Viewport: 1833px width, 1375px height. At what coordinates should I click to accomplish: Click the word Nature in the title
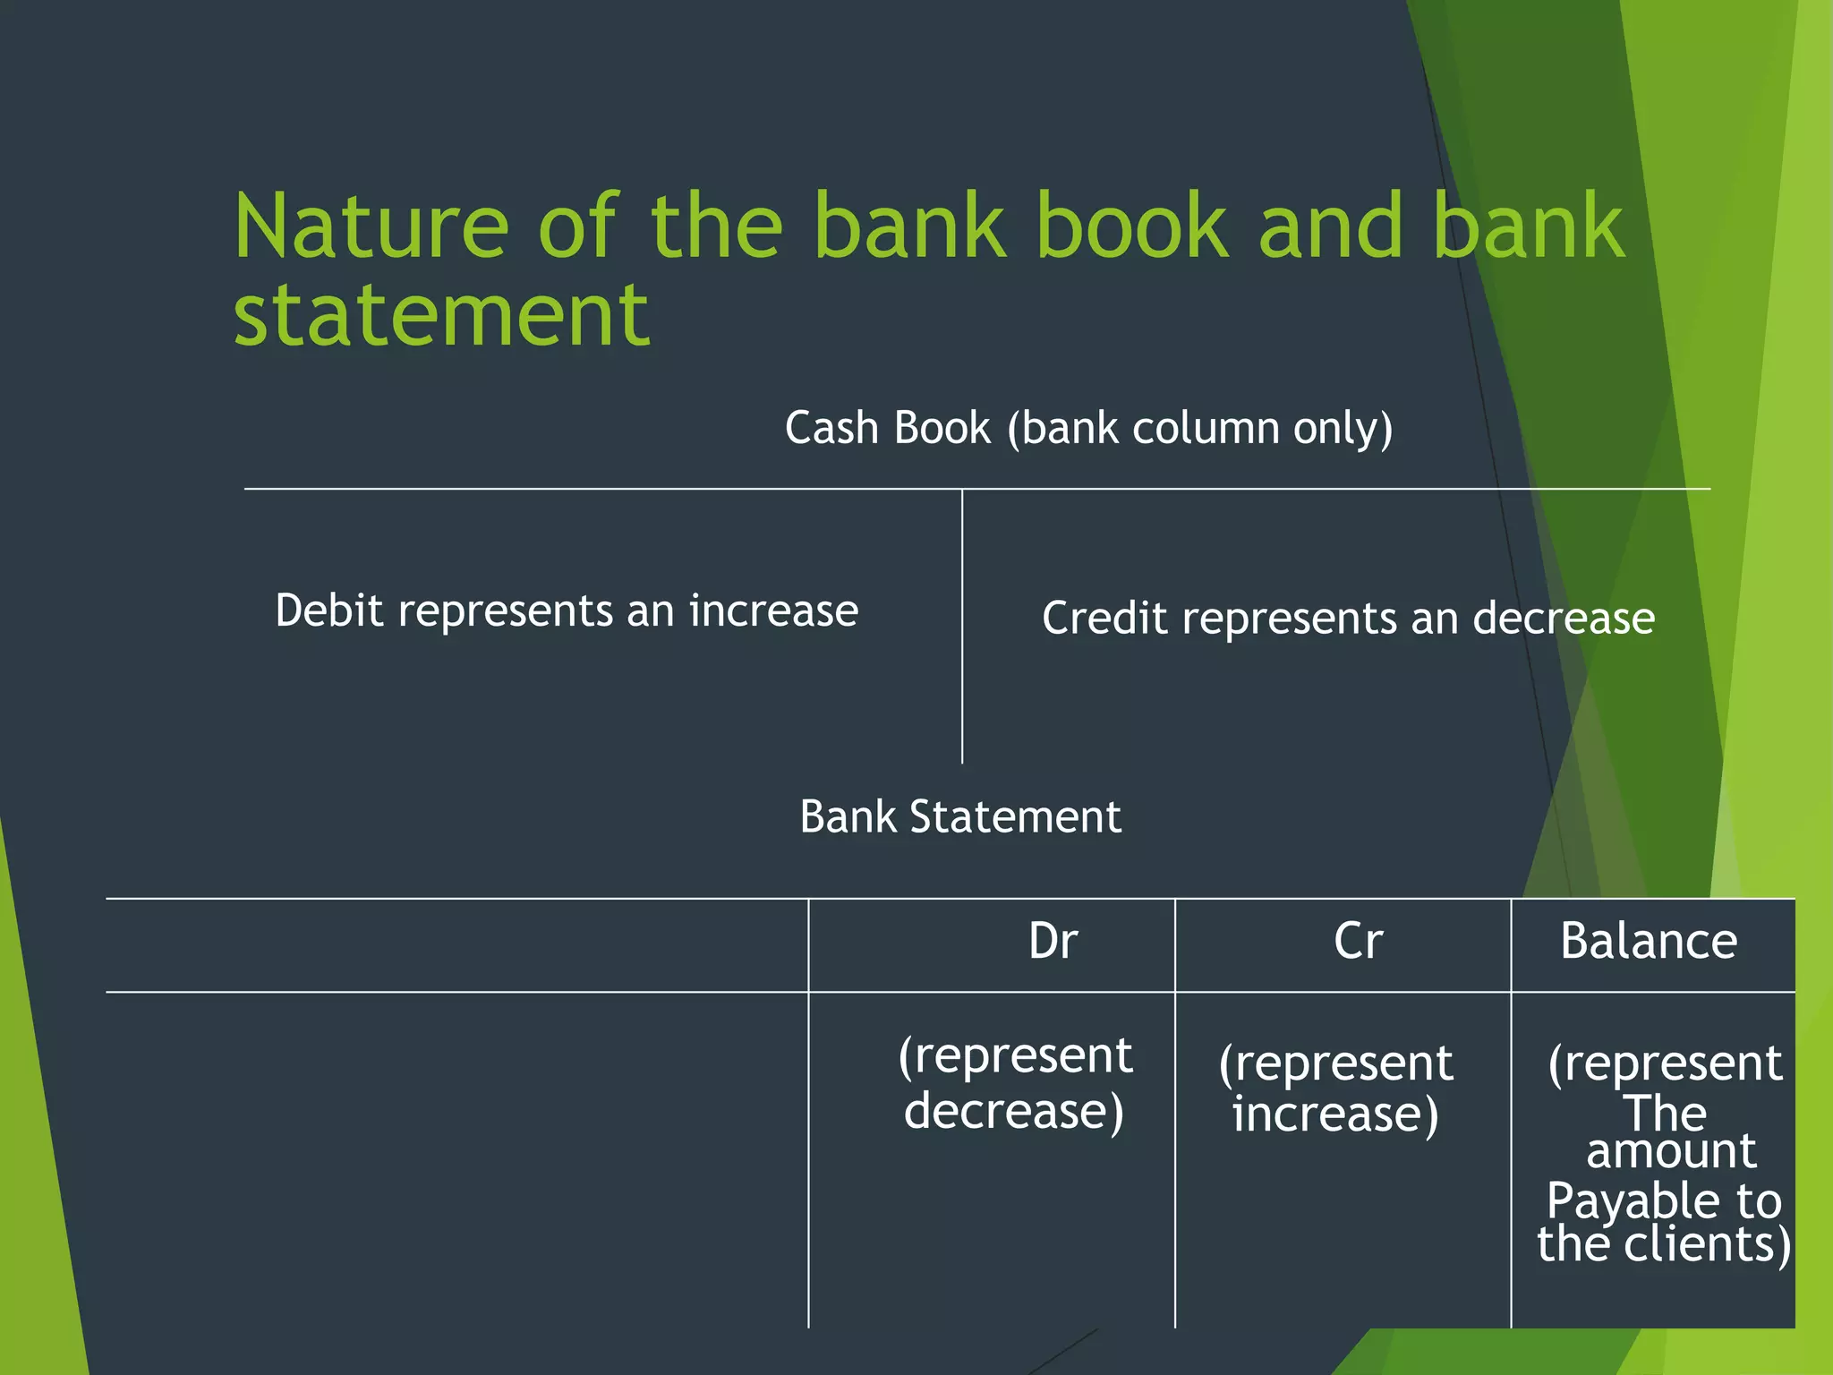click(x=371, y=227)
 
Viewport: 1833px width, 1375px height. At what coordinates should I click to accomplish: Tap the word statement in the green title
click(x=441, y=315)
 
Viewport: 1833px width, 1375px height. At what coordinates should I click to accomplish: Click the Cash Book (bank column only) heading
click(x=1088, y=428)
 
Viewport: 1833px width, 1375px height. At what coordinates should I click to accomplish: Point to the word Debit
click(x=328, y=611)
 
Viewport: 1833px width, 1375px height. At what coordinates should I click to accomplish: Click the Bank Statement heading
click(x=959, y=816)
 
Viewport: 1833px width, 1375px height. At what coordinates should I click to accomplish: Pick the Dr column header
click(x=1053, y=942)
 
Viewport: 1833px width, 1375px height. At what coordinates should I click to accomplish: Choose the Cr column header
click(x=1358, y=942)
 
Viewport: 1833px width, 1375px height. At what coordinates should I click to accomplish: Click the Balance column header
click(x=1648, y=942)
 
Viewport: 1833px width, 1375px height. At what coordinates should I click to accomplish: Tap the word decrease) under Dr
click(x=1013, y=1111)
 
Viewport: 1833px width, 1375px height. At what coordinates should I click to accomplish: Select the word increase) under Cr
click(x=1334, y=1115)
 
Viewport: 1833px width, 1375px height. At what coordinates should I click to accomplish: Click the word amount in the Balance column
click(x=1670, y=1151)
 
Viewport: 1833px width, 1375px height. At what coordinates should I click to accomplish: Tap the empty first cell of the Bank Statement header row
click(x=456, y=944)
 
